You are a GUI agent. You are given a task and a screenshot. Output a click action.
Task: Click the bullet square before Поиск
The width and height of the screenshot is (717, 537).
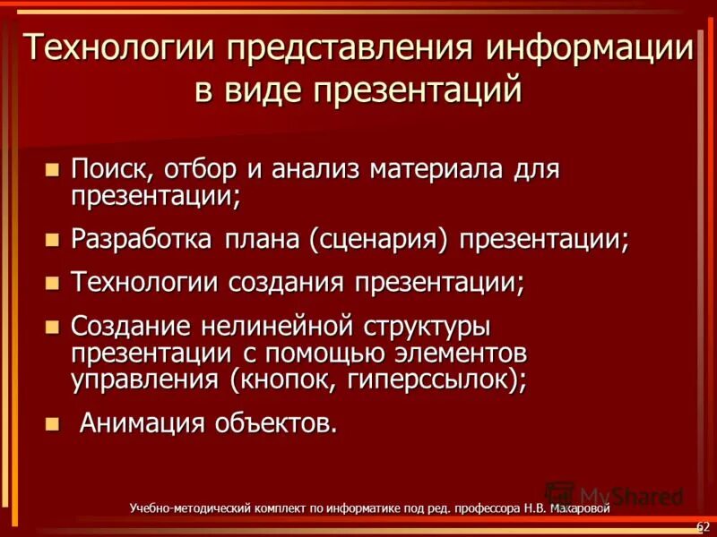click(x=52, y=167)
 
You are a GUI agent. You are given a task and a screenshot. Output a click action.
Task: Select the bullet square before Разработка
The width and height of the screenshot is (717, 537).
click(x=52, y=239)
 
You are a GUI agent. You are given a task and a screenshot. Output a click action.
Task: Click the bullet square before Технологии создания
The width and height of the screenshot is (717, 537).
click(x=52, y=283)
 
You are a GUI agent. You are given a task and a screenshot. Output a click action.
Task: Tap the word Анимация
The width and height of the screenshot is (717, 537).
click(x=142, y=422)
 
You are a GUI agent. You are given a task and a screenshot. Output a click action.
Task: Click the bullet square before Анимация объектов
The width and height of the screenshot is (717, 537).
click(x=52, y=422)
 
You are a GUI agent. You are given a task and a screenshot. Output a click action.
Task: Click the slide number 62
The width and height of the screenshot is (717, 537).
click(x=702, y=524)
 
